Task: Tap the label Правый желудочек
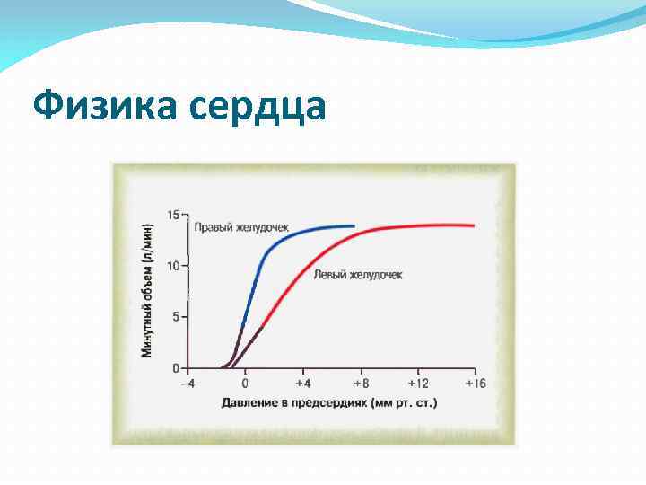(x=241, y=228)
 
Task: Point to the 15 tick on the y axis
(x=173, y=214)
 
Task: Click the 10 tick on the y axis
(x=173, y=265)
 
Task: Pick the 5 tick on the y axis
(x=176, y=316)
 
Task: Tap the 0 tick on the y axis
(x=176, y=367)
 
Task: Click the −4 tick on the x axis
(x=187, y=384)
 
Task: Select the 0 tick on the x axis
(x=245, y=384)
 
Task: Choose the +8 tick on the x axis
(x=359, y=384)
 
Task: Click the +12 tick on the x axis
(x=417, y=384)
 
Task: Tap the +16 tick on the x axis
(x=475, y=384)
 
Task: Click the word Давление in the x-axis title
(x=250, y=402)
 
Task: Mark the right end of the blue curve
(x=354, y=226)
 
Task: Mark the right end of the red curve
(x=473, y=225)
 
